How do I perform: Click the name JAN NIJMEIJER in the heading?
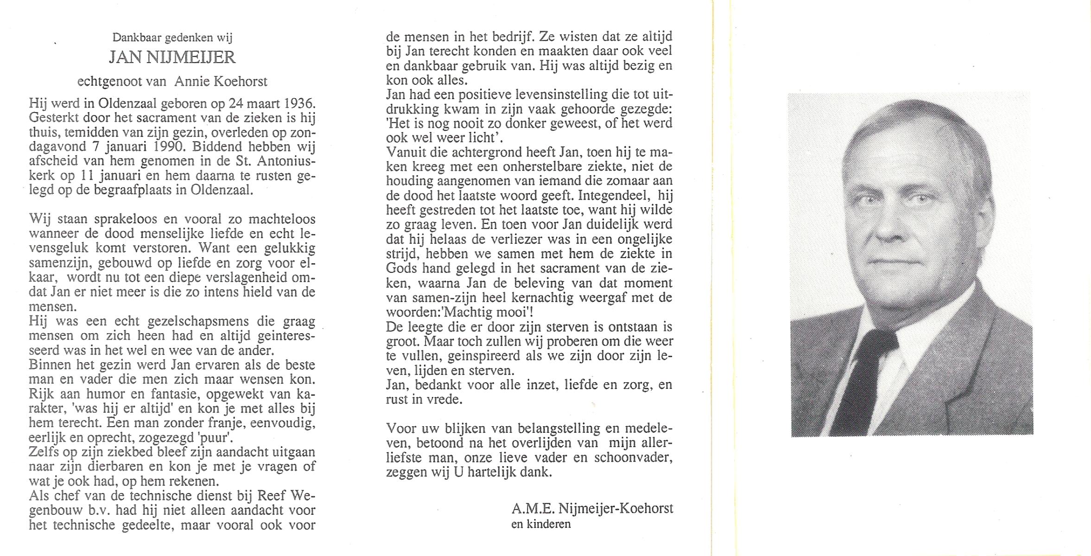(x=172, y=58)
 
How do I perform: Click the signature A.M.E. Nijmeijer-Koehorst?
(x=592, y=508)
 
